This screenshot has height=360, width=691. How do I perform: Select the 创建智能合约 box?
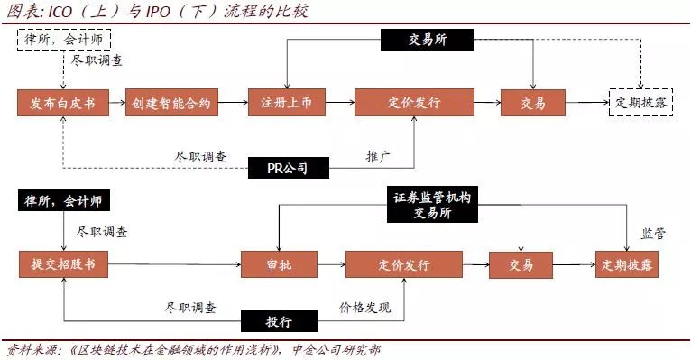(x=172, y=103)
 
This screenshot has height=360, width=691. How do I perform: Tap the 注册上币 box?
(x=287, y=103)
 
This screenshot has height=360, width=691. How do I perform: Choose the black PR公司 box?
(x=287, y=168)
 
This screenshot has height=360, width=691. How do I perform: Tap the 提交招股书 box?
(x=63, y=265)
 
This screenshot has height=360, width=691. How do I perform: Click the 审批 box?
(x=280, y=265)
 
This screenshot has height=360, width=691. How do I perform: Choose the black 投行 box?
(x=280, y=322)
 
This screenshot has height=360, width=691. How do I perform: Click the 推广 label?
(x=378, y=155)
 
